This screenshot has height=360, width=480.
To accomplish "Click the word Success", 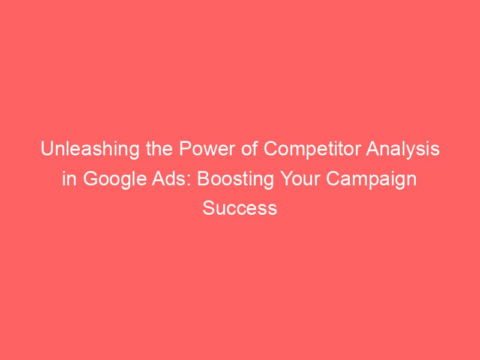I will point(240,208).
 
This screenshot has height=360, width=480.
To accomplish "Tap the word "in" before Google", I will point(69,179).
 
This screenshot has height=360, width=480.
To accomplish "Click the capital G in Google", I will point(88,179).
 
